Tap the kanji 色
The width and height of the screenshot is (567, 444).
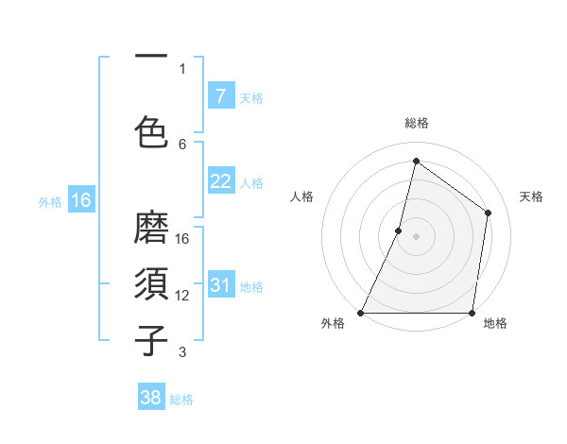[x=152, y=131]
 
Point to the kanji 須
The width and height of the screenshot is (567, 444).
[x=152, y=284]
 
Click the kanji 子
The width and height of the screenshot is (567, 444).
[x=152, y=341]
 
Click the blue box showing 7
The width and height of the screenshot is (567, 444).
[x=220, y=95]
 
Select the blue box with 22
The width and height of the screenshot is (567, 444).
[x=220, y=181]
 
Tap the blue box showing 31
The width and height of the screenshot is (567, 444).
[x=220, y=285]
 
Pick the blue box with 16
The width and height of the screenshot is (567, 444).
[x=80, y=199]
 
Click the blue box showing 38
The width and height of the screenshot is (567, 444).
[x=151, y=398]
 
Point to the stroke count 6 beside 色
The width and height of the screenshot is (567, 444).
[x=182, y=144]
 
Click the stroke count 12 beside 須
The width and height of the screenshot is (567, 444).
[x=182, y=296]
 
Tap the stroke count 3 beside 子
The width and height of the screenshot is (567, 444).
[x=182, y=352]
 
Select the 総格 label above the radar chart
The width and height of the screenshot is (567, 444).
[x=416, y=123]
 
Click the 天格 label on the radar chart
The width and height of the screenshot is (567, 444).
[x=531, y=196]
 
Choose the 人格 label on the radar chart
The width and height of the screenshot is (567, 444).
[x=301, y=196]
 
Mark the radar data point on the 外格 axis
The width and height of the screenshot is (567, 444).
[x=361, y=313]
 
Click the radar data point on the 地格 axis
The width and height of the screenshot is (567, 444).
[x=472, y=313]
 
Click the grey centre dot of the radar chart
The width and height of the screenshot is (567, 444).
[x=416, y=236]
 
